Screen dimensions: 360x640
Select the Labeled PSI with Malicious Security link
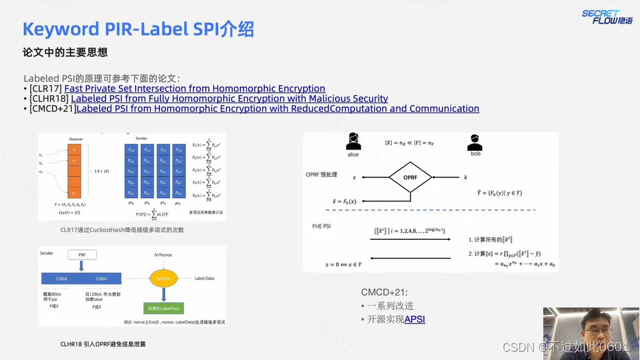(x=229, y=98)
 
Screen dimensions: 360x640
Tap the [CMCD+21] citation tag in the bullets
(x=52, y=109)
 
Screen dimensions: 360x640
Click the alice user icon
(x=353, y=142)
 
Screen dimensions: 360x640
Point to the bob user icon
(x=474, y=142)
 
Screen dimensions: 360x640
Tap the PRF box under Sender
(x=82, y=255)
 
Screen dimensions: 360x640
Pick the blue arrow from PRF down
(x=82, y=266)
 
